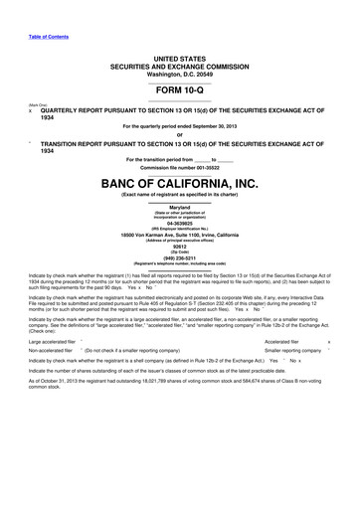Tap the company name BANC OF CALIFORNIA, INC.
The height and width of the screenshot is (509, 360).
click(180, 183)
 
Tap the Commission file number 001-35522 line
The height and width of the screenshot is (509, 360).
click(180, 165)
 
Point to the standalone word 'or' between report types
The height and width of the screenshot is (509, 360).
click(180, 135)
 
